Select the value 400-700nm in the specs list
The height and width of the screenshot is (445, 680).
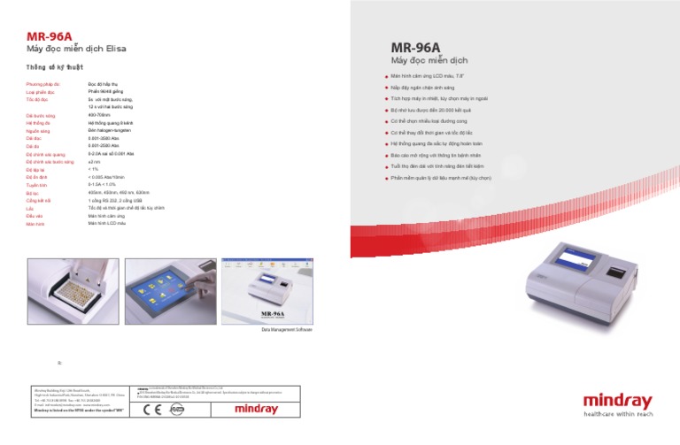[99, 115]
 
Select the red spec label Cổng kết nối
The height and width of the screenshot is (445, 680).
[41, 201]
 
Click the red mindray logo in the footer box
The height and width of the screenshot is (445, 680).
[256, 410]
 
